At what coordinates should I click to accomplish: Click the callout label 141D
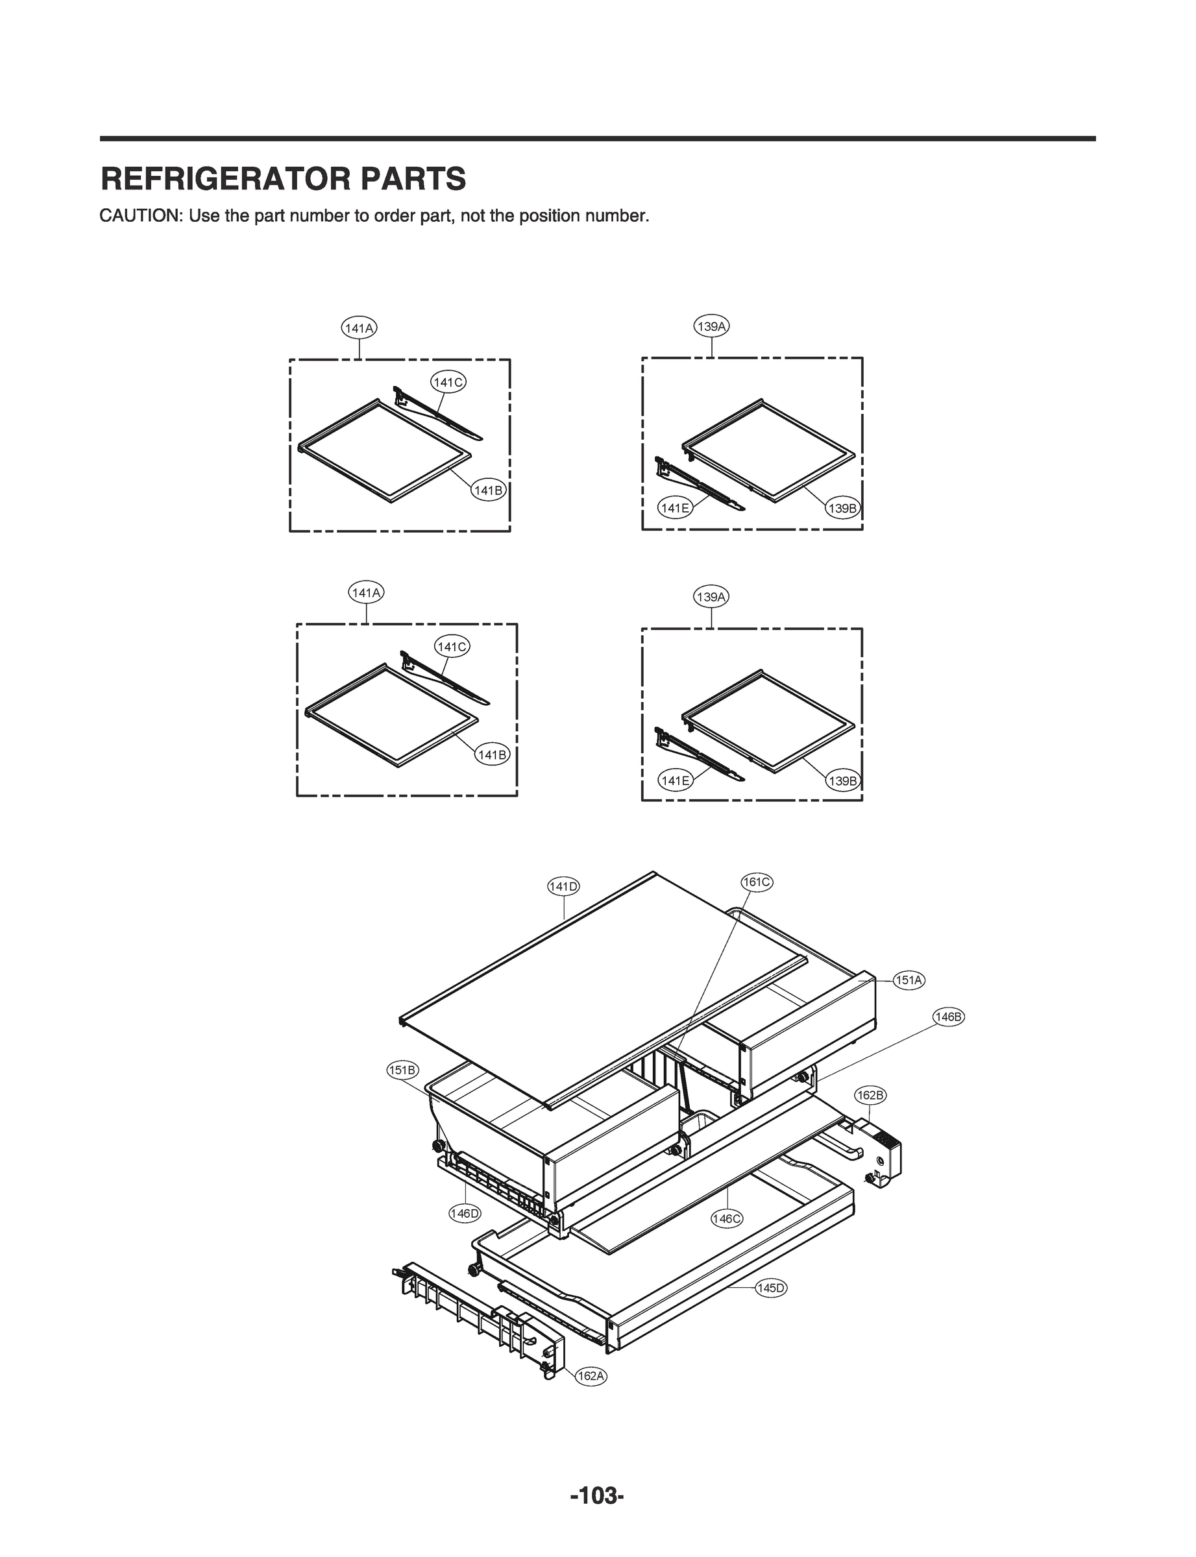tap(563, 886)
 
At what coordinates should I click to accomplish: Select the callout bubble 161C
tap(757, 882)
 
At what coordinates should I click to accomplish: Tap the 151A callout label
tap(909, 980)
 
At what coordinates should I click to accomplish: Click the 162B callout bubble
tap(870, 1095)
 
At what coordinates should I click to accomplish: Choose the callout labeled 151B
tap(403, 1070)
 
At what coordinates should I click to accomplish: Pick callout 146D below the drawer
tap(464, 1213)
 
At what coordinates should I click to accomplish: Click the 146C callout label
tap(727, 1219)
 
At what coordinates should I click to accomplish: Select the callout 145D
tap(771, 1288)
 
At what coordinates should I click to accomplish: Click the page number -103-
tap(597, 1496)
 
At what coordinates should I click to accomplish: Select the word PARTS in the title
tap(412, 178)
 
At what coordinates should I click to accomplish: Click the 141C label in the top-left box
tap(448, 382)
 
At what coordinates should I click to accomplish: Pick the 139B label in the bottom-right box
tap(843, 780)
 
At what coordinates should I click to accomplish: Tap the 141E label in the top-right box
tap(674, 508)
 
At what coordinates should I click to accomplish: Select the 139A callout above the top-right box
tap(712, 326)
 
